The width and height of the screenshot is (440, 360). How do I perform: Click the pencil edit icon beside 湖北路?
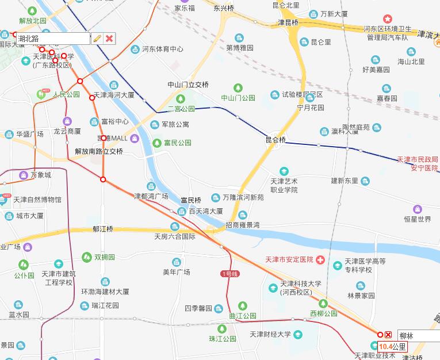pyautogui.click(x=97, y=39)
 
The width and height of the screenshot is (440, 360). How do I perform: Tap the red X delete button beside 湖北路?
pyautogui.click(x=109, y=39)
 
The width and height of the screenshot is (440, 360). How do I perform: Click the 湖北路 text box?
pyautogui.click(x=53, y=39)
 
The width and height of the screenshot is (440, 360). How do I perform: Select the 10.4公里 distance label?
pyautogui.click(x=392, y=347)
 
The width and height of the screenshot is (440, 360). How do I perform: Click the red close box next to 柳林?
pyautogui.click(x=389, y=335)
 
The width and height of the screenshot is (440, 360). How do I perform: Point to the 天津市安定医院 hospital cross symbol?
pyautogui.click(x=320, y=260)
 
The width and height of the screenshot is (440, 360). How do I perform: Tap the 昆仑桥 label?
pyautogui.click(x=275, y=140)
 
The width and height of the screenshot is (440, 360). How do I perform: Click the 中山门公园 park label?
pyautogui.click(x=238, y=98)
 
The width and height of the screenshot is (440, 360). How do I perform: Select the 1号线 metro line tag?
pyautogui.click(x=228, y=273)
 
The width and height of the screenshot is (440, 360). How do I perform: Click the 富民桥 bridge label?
pyautogui.click(x=190, y=200)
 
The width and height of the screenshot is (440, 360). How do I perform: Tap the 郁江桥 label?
pyautogui.click(x=103, y=229)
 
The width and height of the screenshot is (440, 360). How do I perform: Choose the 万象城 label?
pyautogui.click(x=41, y=175)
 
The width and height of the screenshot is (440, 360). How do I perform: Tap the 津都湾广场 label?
pyautogui.click(x=151, y=196)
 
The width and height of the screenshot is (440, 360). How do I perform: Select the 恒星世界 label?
pyautogui.click(x=417, y=219)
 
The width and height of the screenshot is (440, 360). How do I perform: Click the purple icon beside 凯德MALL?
pyautogui.click(x=135, y=138)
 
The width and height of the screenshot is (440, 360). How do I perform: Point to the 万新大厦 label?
pyautogui.click(x=334, y=14)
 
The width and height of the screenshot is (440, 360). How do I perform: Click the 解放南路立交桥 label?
pyautogui.click(x=99, y=151)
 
